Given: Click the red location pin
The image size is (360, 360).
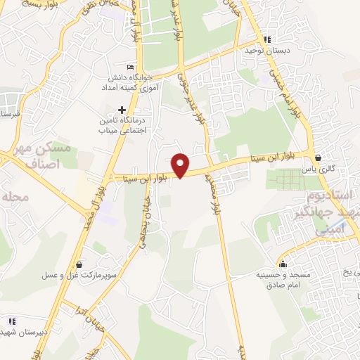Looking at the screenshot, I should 181,165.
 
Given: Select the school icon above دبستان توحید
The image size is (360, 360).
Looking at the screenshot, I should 266,39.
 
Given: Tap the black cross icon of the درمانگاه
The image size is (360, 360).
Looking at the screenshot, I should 122,110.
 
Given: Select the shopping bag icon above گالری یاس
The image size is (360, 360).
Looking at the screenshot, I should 319,157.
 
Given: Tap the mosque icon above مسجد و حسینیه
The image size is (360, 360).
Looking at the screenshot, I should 283,264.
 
